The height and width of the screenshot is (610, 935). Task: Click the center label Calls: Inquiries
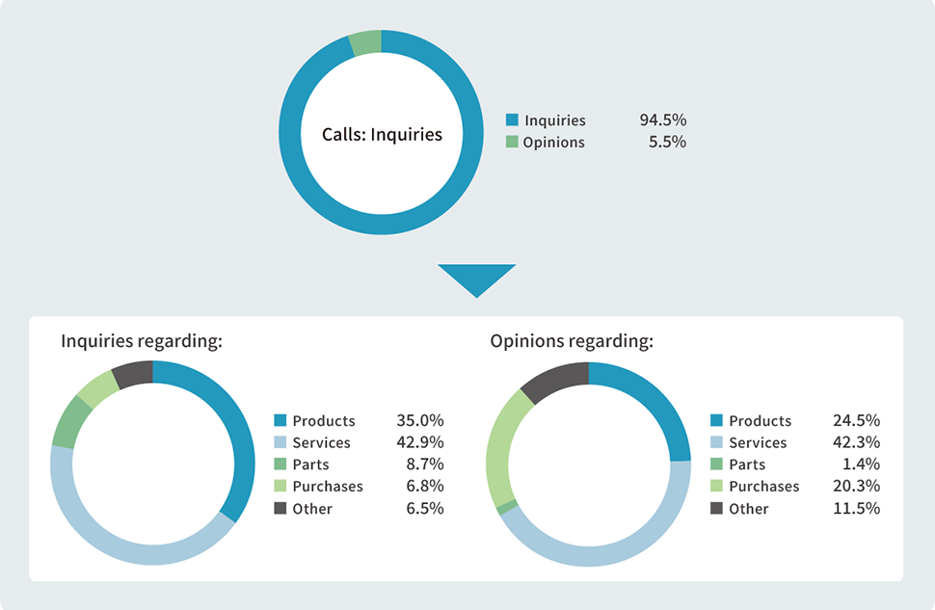point(382,134)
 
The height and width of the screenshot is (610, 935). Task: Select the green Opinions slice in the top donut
point(366,42)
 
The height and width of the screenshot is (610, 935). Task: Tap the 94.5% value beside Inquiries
point(662,120)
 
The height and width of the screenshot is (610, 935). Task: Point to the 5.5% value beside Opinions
point(667,142)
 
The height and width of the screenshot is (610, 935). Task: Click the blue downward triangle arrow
point(476,278)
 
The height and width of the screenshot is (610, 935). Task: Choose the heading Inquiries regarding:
point(142,341)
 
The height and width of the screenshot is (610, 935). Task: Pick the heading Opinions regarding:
point(572,341)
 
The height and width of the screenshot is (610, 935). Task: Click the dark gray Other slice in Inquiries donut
point(133,373)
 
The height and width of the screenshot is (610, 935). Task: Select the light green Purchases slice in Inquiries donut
point(96,389)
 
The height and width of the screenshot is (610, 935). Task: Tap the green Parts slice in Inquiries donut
point(67,422)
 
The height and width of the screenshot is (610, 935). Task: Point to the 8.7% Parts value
point(424,464)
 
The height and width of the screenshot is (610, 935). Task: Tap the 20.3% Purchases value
point(856,487)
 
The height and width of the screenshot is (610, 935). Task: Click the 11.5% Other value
point(856,509)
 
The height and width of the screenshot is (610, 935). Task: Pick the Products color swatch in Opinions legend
point(716,421)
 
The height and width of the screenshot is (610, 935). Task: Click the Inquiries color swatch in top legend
point(512,120)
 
